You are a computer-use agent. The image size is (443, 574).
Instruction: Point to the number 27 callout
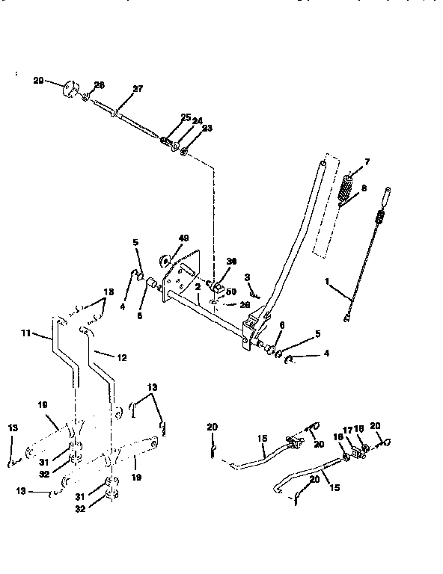point(137,89)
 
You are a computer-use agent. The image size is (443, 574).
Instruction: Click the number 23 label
point(207,128)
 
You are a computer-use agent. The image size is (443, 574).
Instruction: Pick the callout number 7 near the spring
point(367,162)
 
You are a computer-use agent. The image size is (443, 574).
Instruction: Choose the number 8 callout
point(364,190)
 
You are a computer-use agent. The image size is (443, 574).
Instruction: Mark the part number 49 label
point(185,238)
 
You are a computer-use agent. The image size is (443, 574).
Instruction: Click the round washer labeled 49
point(165,262)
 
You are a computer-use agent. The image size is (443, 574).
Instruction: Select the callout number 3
point(247,278)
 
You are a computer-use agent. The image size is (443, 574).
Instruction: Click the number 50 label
point(231,291)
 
